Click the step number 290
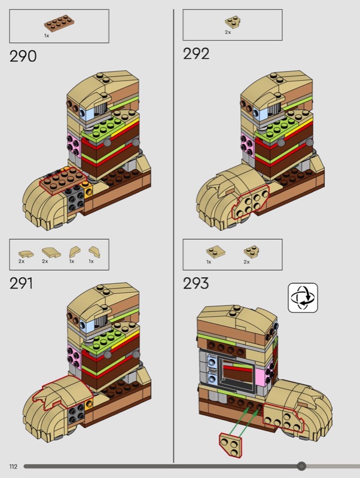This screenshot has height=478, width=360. click(x=23, y=56)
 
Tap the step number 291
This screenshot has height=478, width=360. click(x=21, y=283)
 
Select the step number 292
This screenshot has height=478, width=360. click(x=196, y=54)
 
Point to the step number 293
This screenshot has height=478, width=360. click(x=196, y=283)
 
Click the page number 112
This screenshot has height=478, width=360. click(x=13, y=467)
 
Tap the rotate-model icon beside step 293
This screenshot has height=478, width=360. click(x=303, y=298)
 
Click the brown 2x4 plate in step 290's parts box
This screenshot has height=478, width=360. click(x=59, y=24)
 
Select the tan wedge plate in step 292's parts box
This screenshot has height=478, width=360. click(x=233, y=22)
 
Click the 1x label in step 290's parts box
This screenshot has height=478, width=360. click(x=47, y=36)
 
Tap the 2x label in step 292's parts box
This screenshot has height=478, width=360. click(x=228, y=32)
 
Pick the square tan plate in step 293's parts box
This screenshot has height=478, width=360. click(x=216, y=252)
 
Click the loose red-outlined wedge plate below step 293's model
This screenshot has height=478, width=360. click(x=230, y=445)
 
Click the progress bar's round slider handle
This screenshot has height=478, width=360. click(x=301, y=466)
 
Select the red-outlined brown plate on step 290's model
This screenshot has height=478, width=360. click(x=63, y=180)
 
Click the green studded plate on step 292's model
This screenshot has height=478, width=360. click(x=276, y=125)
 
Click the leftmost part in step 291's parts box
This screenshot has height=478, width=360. click(x=26, y=253)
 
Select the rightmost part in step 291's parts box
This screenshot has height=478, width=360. click(x=94, y=252)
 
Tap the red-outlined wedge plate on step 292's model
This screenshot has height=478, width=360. click(x=250, y=201)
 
